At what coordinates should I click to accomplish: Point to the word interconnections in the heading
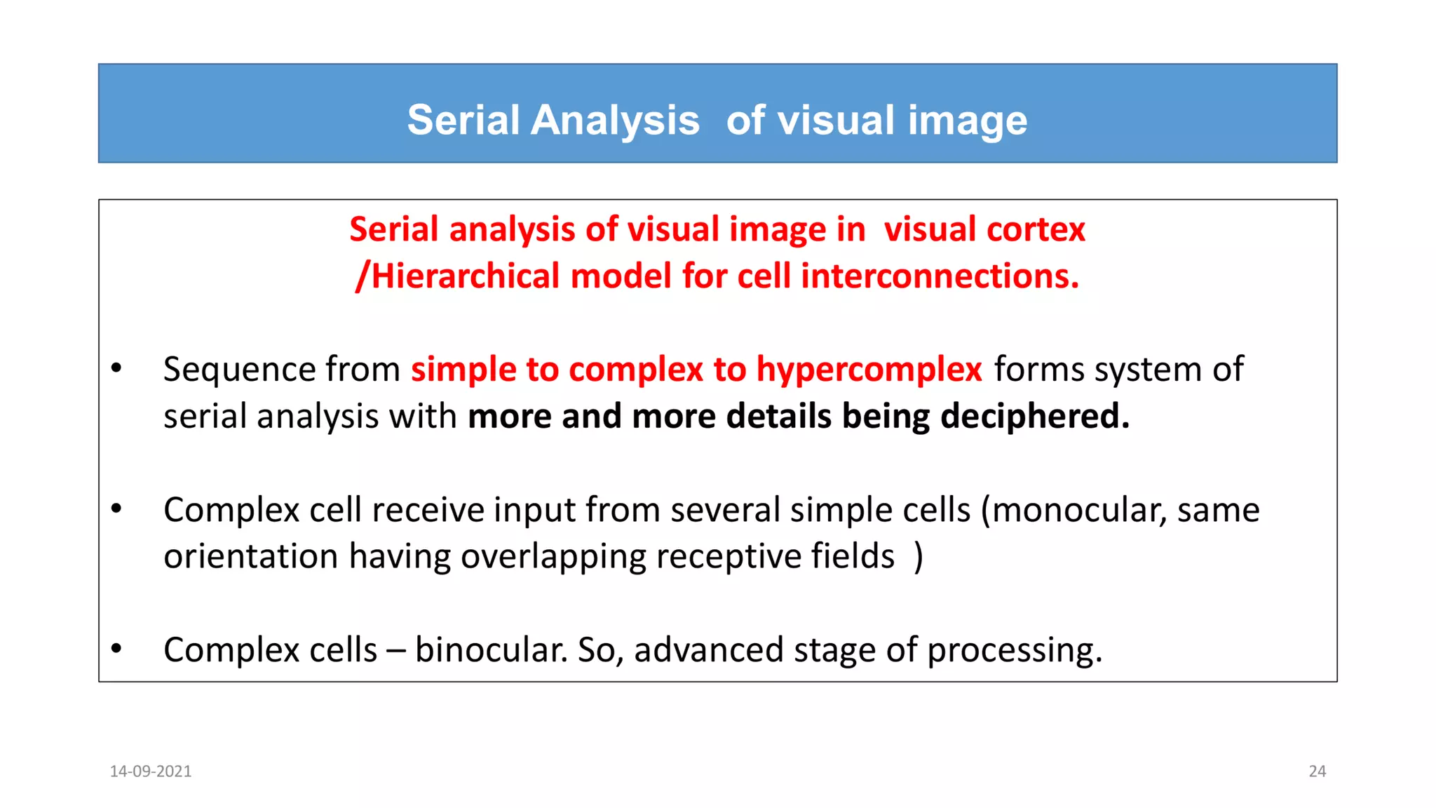(x=940, y=276)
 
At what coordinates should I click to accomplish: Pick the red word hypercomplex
(x=869, y=370)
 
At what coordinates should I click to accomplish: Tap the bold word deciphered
(x=1034, y=416)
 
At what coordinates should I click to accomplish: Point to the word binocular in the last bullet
(x=491, y=650)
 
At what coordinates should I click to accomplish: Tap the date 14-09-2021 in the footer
(x=151, y=772)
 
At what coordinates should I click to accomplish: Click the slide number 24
(x=1317, y=772)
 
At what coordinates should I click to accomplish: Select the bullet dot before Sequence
(x=116, y=368)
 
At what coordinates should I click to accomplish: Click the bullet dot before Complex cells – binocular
(x=116, y=649)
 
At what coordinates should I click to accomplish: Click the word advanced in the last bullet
(x=708, y=650)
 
